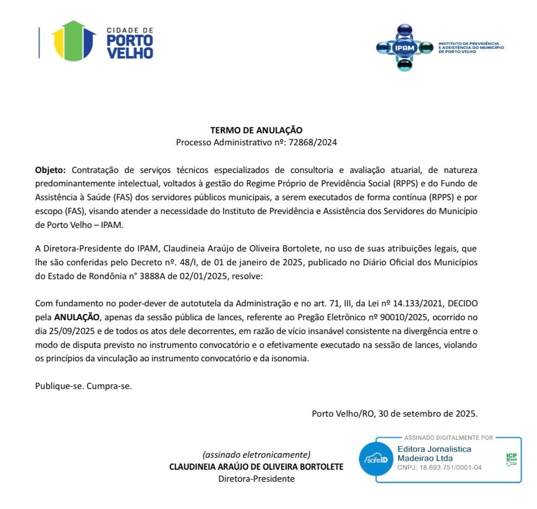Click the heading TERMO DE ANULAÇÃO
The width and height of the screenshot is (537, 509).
[256, 130]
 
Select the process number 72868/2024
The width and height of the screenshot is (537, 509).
[312, 143]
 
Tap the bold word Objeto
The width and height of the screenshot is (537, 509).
[50, 170]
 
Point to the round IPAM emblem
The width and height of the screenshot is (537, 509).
[405, 48]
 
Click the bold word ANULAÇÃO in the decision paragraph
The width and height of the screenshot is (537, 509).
[77, 317]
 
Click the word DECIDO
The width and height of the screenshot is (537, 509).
[463, 304]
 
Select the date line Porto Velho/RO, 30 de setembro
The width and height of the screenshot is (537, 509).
[394, 413]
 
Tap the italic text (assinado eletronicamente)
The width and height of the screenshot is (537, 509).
[256, 455]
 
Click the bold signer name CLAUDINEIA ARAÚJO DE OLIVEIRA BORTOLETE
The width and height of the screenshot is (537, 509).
[256, 467]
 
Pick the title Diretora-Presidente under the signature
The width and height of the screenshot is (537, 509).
[256, 479]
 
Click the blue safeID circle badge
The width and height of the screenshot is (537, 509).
[376, 459]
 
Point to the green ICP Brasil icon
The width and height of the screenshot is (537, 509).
[511, 460]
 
